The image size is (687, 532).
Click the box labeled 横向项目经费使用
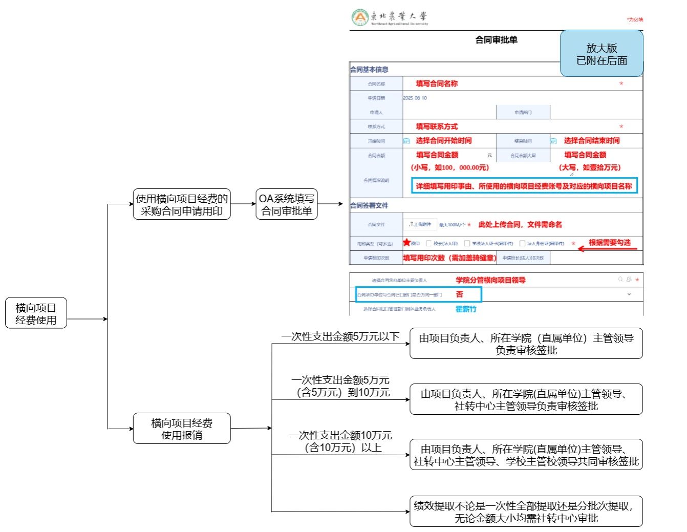(36, 313)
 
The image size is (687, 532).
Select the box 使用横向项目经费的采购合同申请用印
(182, 204)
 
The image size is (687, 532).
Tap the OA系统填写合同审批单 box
(287, 204)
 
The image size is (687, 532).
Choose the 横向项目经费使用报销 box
(182, 429)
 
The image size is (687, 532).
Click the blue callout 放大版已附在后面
(602, 54)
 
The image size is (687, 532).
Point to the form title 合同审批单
(496, 40)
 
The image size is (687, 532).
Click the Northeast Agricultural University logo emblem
(360, 17)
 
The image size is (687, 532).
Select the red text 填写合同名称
(437, 83)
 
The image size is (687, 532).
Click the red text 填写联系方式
(437, 126)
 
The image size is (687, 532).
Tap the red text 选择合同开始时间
(443, 141)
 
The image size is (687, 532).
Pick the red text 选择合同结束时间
(591, 141)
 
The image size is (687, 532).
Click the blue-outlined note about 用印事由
(524, 186)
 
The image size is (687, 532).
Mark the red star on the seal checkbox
(407, 243)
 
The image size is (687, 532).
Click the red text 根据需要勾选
(609, 243)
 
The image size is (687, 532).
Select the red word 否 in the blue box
(459, 294)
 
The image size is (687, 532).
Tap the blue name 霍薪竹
(466, 309)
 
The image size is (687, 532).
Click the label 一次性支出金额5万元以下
(340, 336)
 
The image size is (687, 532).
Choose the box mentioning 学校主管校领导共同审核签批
(526, 455)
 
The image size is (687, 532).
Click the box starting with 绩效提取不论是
(526, 512)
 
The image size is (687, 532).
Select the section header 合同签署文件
(369, 205)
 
